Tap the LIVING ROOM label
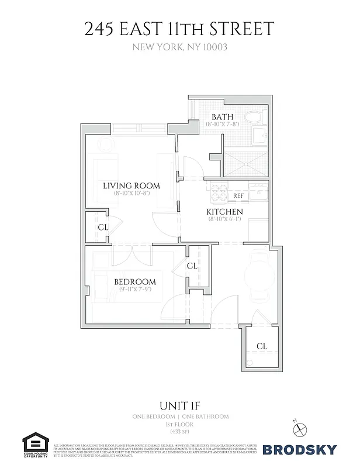(131, 185)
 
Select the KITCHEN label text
(224, 211)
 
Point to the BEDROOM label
(134, 281)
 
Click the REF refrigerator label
(238, 196)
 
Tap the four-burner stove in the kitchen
(219, 191)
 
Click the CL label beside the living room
(102, 227)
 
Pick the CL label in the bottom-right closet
(262, 347)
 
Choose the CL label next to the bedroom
(192, 266)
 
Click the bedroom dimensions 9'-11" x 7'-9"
(134, 290)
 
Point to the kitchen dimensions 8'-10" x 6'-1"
(224, 219)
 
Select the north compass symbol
(300, 427)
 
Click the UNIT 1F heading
(179, 405)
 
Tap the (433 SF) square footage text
(179, 431)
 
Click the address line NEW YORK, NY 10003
(179, 47)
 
